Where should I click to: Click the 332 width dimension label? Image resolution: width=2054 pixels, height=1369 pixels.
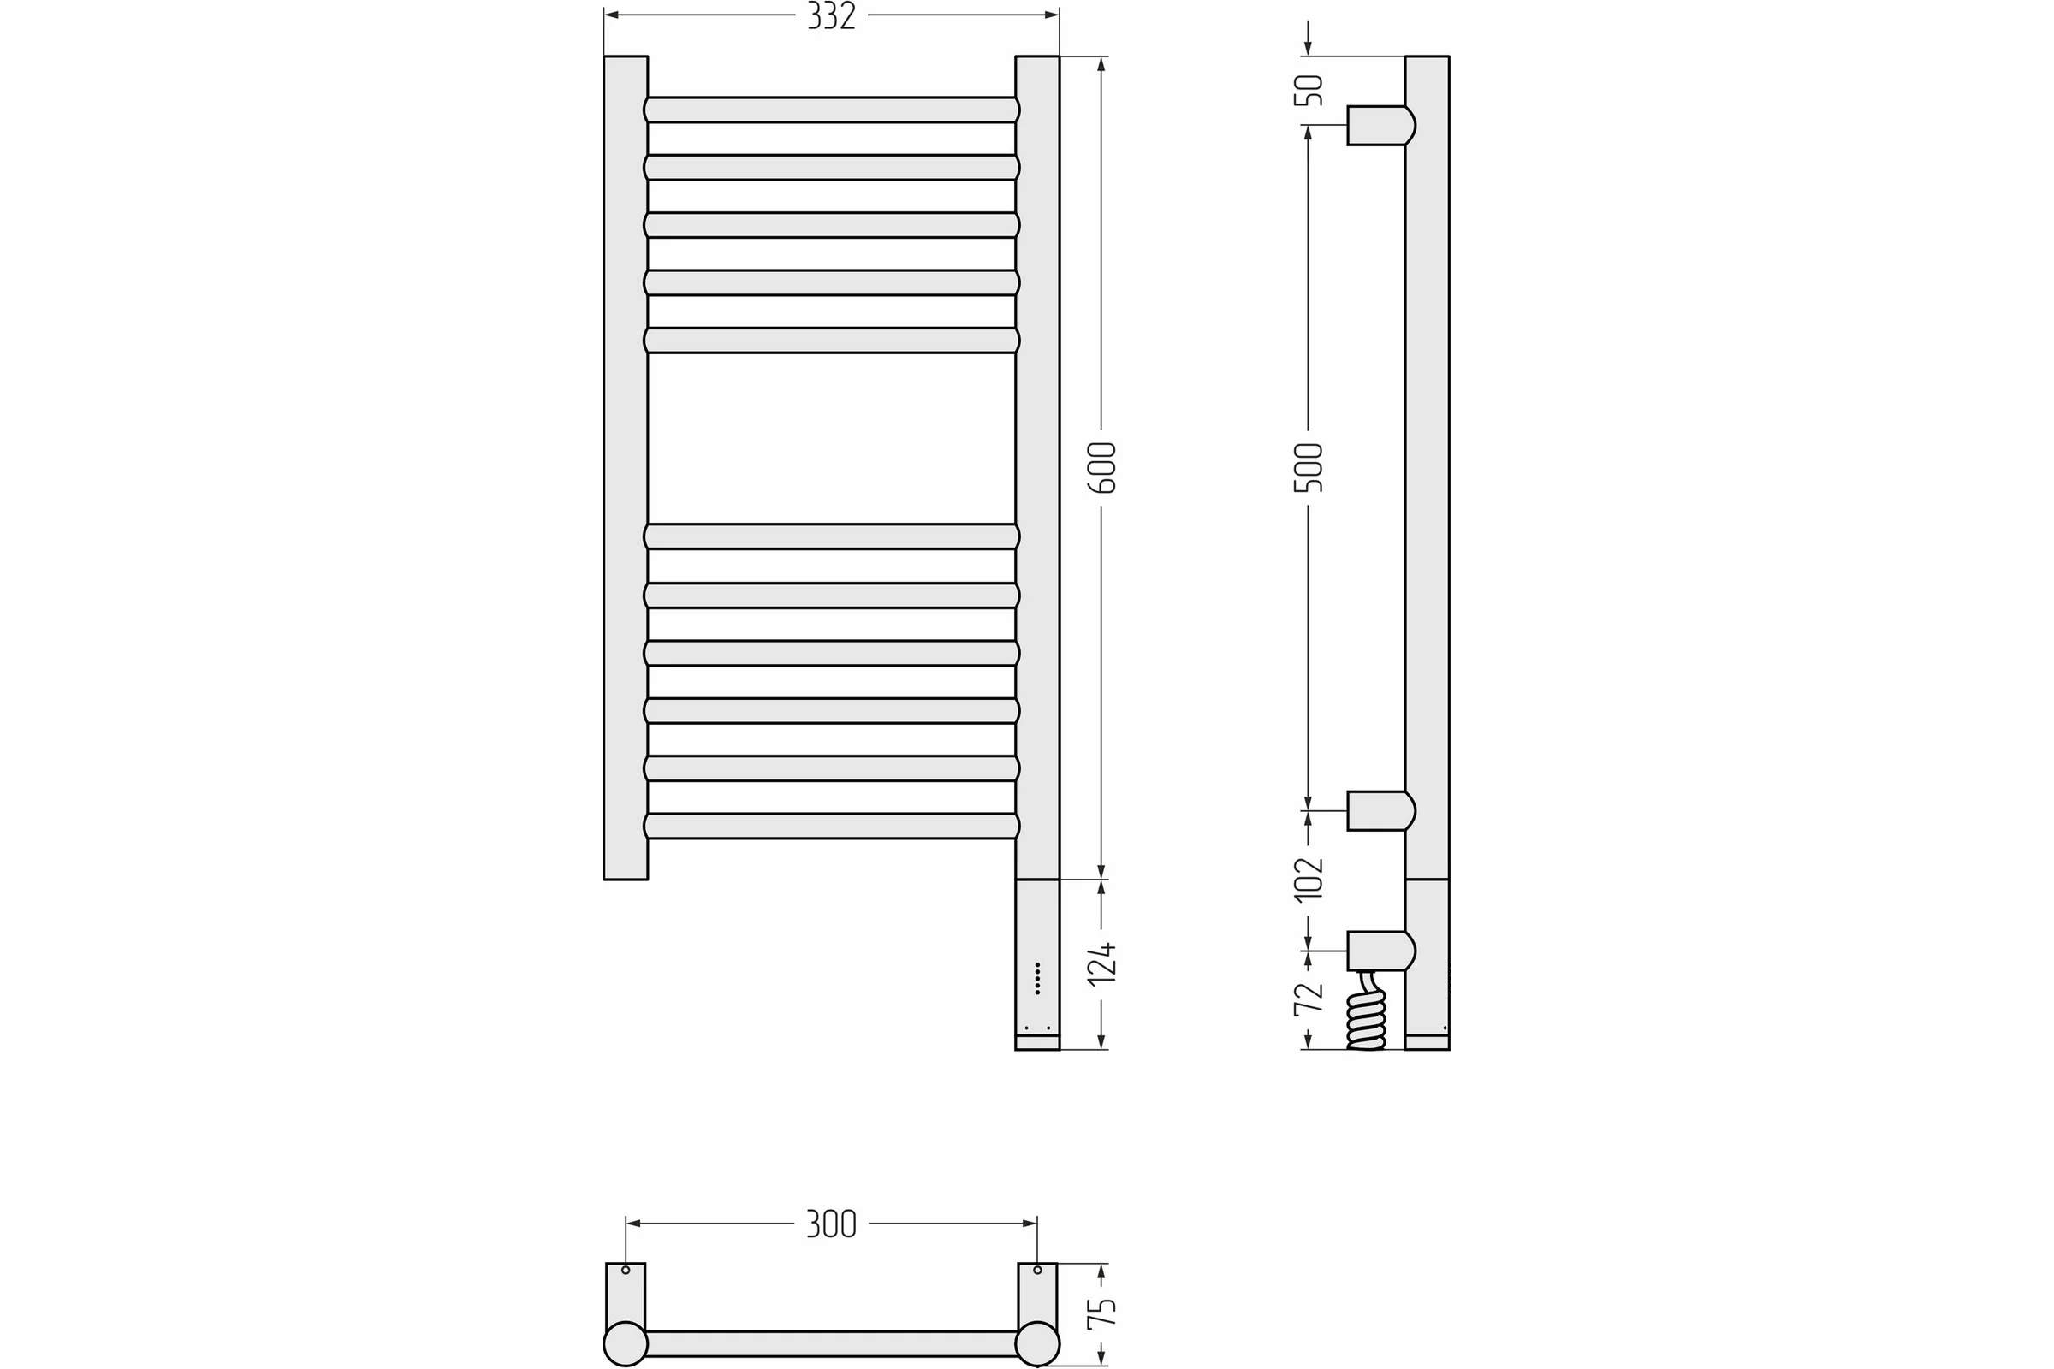831,15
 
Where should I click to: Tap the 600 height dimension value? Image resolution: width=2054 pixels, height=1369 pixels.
1102,468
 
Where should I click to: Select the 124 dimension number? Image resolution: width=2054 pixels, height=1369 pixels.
1102,964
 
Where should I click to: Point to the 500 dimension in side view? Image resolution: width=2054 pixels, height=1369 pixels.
1309,468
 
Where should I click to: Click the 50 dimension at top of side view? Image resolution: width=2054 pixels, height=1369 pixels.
1309,91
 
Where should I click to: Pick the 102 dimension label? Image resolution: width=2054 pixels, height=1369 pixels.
1309,879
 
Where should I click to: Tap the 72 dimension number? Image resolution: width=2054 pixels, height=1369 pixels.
1309,999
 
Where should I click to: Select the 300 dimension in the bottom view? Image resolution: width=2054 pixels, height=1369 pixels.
831,1224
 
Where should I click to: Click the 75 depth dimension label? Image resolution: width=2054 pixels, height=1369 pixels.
1102,1314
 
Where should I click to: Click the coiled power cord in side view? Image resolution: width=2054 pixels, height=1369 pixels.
1367,1013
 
